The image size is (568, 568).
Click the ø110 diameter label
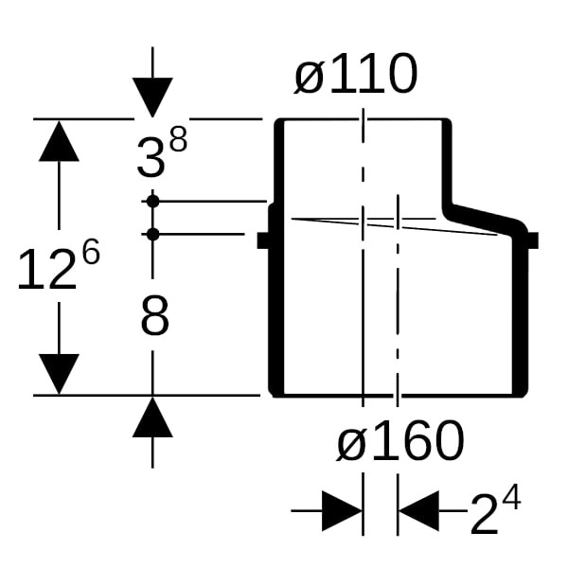[x=355, y=75]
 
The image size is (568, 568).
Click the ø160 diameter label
[x=400, y=441]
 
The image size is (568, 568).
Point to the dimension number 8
[x=154, y=318]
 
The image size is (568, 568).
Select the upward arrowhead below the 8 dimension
[x=152, y=417]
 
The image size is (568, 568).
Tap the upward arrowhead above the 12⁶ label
[x=59, y=141]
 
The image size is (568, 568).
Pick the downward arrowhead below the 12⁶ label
[x=59, y=373]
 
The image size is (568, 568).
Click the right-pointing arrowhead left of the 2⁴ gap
[x=342, y=511]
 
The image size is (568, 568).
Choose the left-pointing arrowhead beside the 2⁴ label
[x=418, y=511]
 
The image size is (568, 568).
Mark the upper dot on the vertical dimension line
[x=152, y=201]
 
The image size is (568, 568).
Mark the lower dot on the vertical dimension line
[x=152, y=233]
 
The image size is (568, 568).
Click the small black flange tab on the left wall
[x=265, y=240]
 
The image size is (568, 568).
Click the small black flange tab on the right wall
[x=531, y=240]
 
